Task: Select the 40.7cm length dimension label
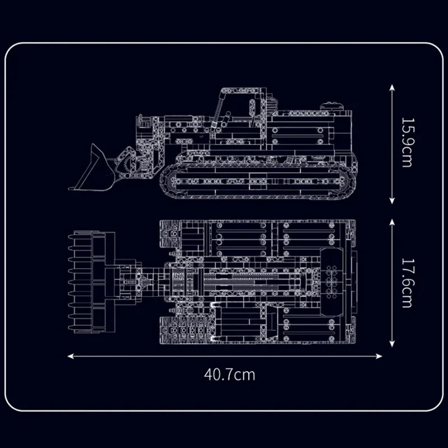[229, 374]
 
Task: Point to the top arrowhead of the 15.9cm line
[392, 86]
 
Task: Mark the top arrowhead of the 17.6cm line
[392, 220]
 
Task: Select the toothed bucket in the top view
[90, 282]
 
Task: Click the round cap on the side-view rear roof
[330, 105]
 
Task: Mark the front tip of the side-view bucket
[71, 188]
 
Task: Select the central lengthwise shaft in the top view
[252, 280]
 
